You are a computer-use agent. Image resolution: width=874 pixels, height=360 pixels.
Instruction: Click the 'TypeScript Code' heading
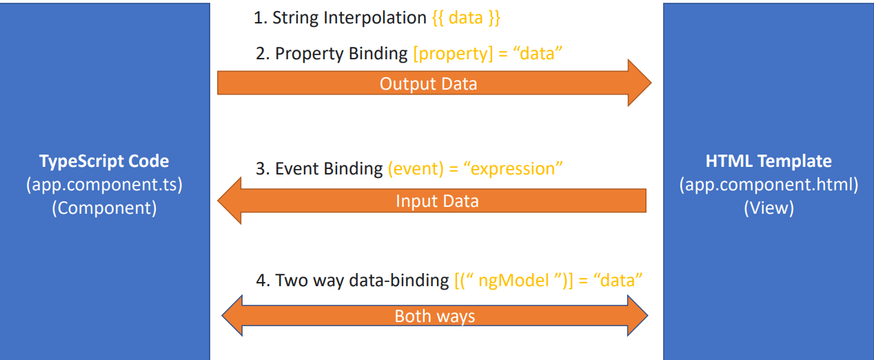click(x=104, y=161)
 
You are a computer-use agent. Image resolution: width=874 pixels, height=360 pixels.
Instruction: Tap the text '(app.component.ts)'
click(x=104, y=185)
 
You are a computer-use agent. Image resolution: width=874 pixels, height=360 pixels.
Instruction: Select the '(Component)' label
click(x=104, y=208)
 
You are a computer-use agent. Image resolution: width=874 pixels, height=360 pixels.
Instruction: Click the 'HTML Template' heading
click(x=769, y=161)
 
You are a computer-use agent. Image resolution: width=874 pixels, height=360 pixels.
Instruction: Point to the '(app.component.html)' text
click(x=769, y=185)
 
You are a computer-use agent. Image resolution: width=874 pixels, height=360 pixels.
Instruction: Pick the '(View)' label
click(x=769, y=208)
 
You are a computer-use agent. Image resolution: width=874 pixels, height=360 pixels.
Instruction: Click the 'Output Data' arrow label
click(x=428, y=84)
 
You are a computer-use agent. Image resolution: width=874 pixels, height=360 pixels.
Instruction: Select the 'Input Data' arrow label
click(x=437, y=201)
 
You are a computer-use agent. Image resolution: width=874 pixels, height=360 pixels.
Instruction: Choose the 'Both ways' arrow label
click(x=435, y=316)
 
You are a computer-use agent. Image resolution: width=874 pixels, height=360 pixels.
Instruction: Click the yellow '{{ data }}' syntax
click(x=466, y=18)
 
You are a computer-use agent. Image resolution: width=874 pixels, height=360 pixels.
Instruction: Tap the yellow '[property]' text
click(x=453, y=54)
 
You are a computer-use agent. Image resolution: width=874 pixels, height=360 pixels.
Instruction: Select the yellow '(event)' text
click(x=416, y=169)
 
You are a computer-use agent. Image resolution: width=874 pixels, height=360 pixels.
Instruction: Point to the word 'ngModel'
click(x=514, y=281)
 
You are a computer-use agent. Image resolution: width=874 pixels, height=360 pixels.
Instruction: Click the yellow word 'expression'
click(x=513, y=169)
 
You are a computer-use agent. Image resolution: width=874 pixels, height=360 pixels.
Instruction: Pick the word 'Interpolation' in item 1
click(x=374, y=18)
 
